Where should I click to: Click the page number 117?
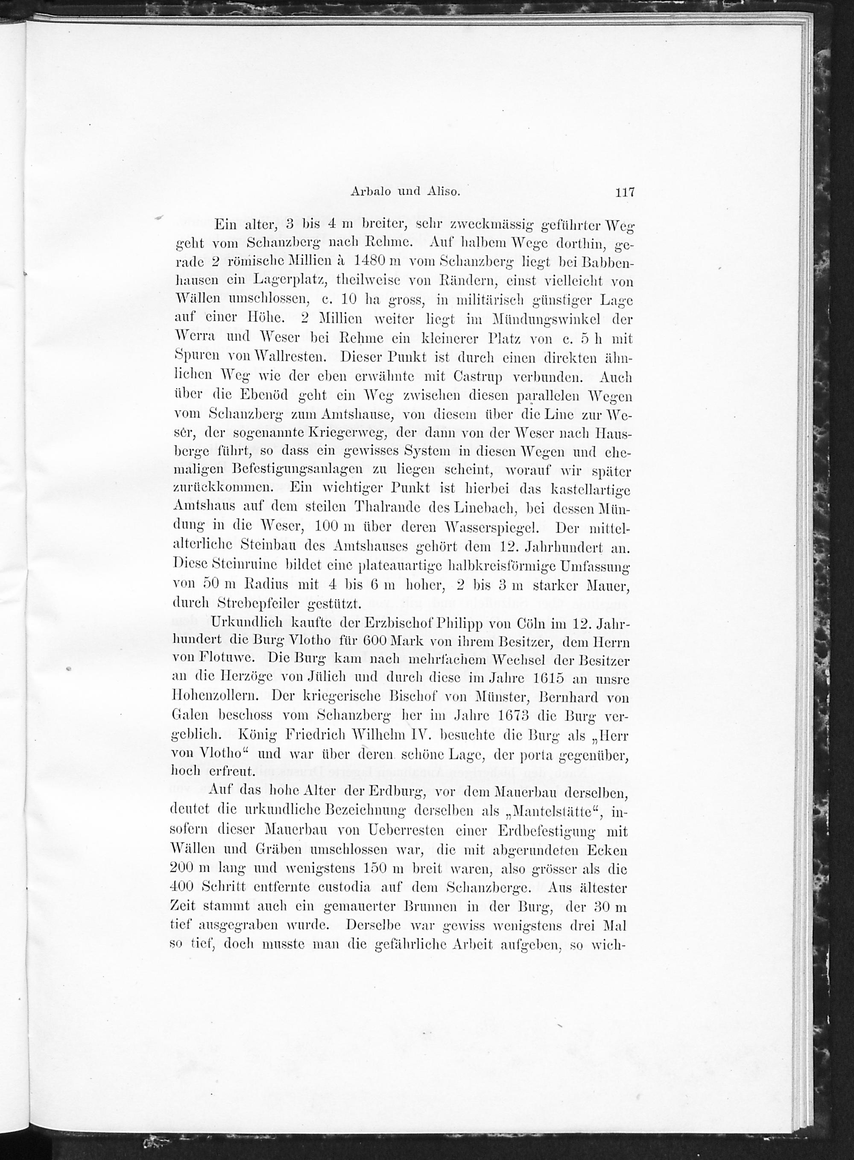(x=624, y=192)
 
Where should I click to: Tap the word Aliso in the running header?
(x=443, y=192)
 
